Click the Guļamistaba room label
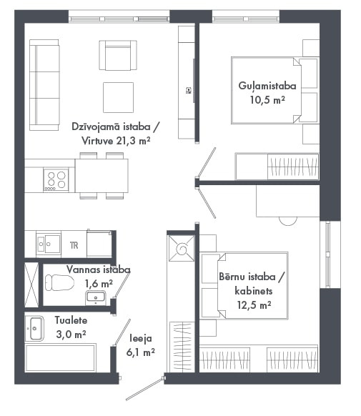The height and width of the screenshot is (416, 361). [267, 86]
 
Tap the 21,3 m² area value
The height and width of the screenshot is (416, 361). [134, 141]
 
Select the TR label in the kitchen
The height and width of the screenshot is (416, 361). [74, 245]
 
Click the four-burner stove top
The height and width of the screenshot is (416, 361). [56, 179]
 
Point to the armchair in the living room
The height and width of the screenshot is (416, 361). [118, 55]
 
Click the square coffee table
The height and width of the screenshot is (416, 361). [118, 97]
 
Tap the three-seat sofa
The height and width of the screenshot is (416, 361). [44, 85]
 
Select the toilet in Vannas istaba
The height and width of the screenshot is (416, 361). [59, 282]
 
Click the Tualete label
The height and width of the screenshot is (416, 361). [71, 320]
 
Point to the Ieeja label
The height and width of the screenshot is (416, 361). [141, 339]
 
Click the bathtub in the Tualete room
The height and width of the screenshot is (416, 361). [61, 357]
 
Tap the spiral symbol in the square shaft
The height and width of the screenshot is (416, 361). [182, 249]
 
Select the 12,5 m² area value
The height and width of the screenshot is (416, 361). [254, 305]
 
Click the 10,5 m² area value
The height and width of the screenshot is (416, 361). [267, 100]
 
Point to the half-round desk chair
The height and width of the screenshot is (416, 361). [288, 221]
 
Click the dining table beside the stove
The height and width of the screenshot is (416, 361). [102, 176]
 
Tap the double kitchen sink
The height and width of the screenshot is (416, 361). [49, 244]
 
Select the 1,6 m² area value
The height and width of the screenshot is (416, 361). [99, 284]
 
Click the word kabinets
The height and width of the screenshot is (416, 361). [254, 291]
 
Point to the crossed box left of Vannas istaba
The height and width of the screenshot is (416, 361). [31, 285]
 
